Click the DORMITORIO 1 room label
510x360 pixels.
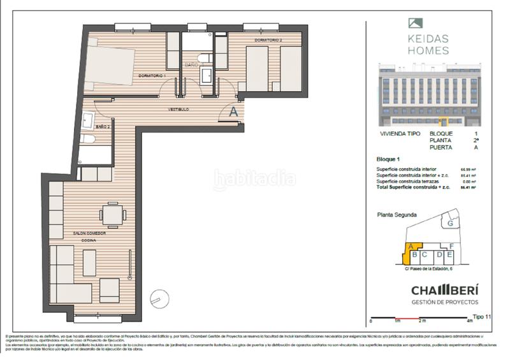tap(151, 76)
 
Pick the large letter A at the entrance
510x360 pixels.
tap(233, 110)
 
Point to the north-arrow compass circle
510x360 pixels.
tap(156, 299)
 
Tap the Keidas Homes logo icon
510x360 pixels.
tap(414, 24)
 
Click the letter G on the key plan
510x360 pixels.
tap(450, 224)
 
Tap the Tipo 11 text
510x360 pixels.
tap(483, 316)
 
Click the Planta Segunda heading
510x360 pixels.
tap(397, 215)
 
